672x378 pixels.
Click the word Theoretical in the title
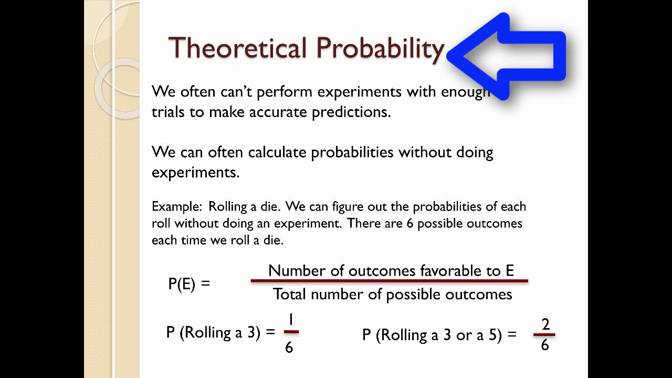coord(238,47)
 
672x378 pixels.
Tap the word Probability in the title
coord(380,50)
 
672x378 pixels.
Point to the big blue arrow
coord(507,56)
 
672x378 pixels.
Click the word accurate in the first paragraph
coord(278,112)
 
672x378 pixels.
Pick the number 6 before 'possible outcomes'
coord(410,224)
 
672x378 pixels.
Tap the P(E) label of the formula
coord(182,284)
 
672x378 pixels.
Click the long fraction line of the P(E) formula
coord(390,281)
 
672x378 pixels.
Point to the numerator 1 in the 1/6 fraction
coord(291,320)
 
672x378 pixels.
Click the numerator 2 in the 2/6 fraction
coord(545,324)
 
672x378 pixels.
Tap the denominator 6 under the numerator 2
coord(545,345)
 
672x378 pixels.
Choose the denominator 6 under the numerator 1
coord(289,348)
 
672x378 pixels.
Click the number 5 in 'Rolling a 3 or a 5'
coord(492,335)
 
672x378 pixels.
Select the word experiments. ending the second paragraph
coord(196,173)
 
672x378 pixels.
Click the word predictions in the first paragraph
coord(351,112)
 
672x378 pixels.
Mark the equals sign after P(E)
coord(205,283)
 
